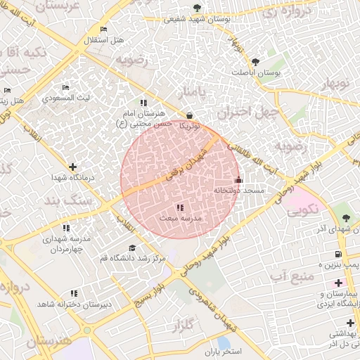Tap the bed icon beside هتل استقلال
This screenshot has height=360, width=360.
104,30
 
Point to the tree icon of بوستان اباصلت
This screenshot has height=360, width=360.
255,62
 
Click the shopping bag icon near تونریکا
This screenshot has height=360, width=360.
189,115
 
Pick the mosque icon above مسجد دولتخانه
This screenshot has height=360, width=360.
238,179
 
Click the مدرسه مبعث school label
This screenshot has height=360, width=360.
180,219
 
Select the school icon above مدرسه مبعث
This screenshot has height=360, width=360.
180,207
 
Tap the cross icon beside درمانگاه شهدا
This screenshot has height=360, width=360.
73,167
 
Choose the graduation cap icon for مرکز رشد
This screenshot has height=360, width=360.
133,248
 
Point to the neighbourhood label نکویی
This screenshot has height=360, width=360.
303,209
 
